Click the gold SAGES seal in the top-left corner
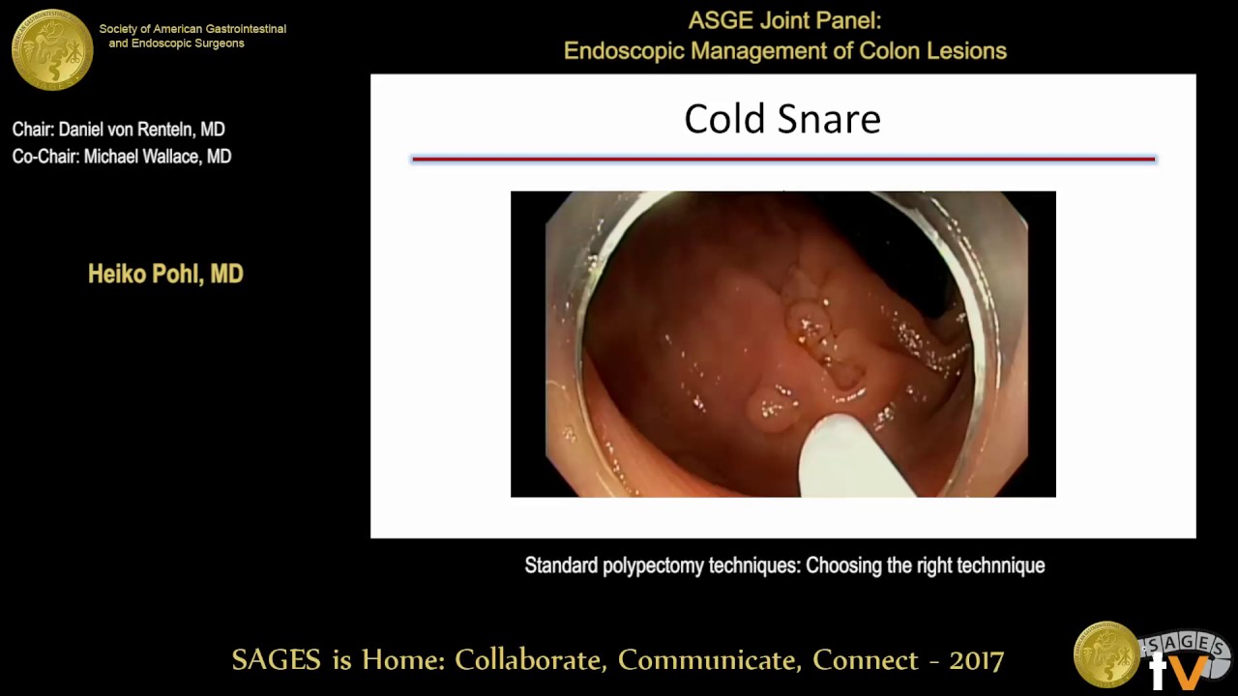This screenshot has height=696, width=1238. click(x=52, y=48)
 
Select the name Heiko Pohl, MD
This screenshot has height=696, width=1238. click(x=165, y=275)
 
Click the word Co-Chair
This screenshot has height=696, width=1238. click(x=44, y=157)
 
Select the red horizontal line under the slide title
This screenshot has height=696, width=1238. click(x=782, y=159)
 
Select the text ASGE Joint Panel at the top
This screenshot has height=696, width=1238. click(x=784, y=21)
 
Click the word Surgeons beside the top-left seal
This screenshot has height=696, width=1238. click(x=215, y=43)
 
